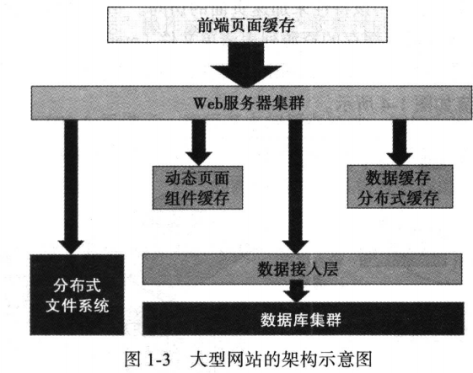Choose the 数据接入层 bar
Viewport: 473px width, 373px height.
293,269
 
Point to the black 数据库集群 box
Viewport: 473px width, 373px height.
293,320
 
